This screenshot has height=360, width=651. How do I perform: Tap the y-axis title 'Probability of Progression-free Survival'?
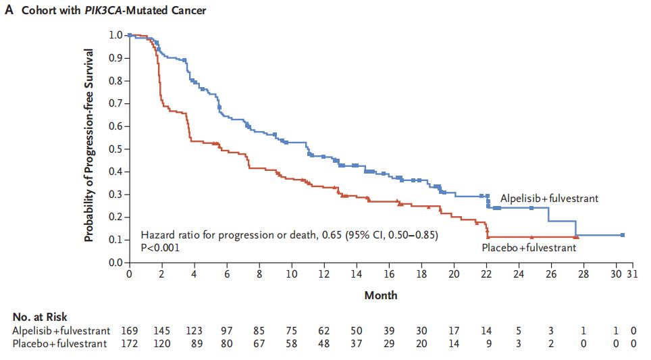coord(89,145)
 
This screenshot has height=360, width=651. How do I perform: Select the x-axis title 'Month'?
coord(381,295)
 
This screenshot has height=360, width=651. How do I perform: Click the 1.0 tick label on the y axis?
coord(117,35)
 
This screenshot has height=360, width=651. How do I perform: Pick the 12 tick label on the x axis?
coord(323,275)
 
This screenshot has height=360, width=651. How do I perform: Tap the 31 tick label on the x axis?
coord(631,275)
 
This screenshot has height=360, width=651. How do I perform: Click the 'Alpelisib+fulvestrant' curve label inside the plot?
coord(549,199)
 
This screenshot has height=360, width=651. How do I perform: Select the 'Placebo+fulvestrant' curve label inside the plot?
coord(529,248)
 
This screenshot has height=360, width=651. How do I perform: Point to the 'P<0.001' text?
coord(160,248)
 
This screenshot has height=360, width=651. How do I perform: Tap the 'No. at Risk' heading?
coord(40,317)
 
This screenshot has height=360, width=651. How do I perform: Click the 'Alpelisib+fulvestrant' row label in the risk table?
coord(61,331)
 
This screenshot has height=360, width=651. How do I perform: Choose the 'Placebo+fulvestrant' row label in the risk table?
coord(60,344)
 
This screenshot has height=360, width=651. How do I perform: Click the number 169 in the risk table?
coord(129,331)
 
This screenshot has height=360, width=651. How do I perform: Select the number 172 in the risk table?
coord(129,344)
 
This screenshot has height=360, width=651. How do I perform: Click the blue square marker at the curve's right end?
coord(622,235)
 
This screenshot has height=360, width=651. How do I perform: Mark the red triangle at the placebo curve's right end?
coord(576,237)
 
